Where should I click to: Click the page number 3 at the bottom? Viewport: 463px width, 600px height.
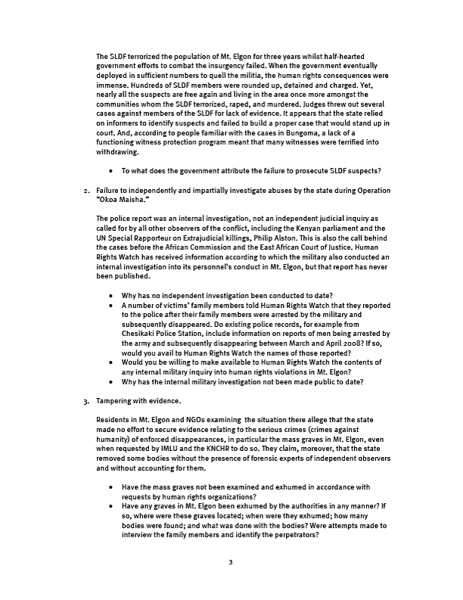click(231, 562)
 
